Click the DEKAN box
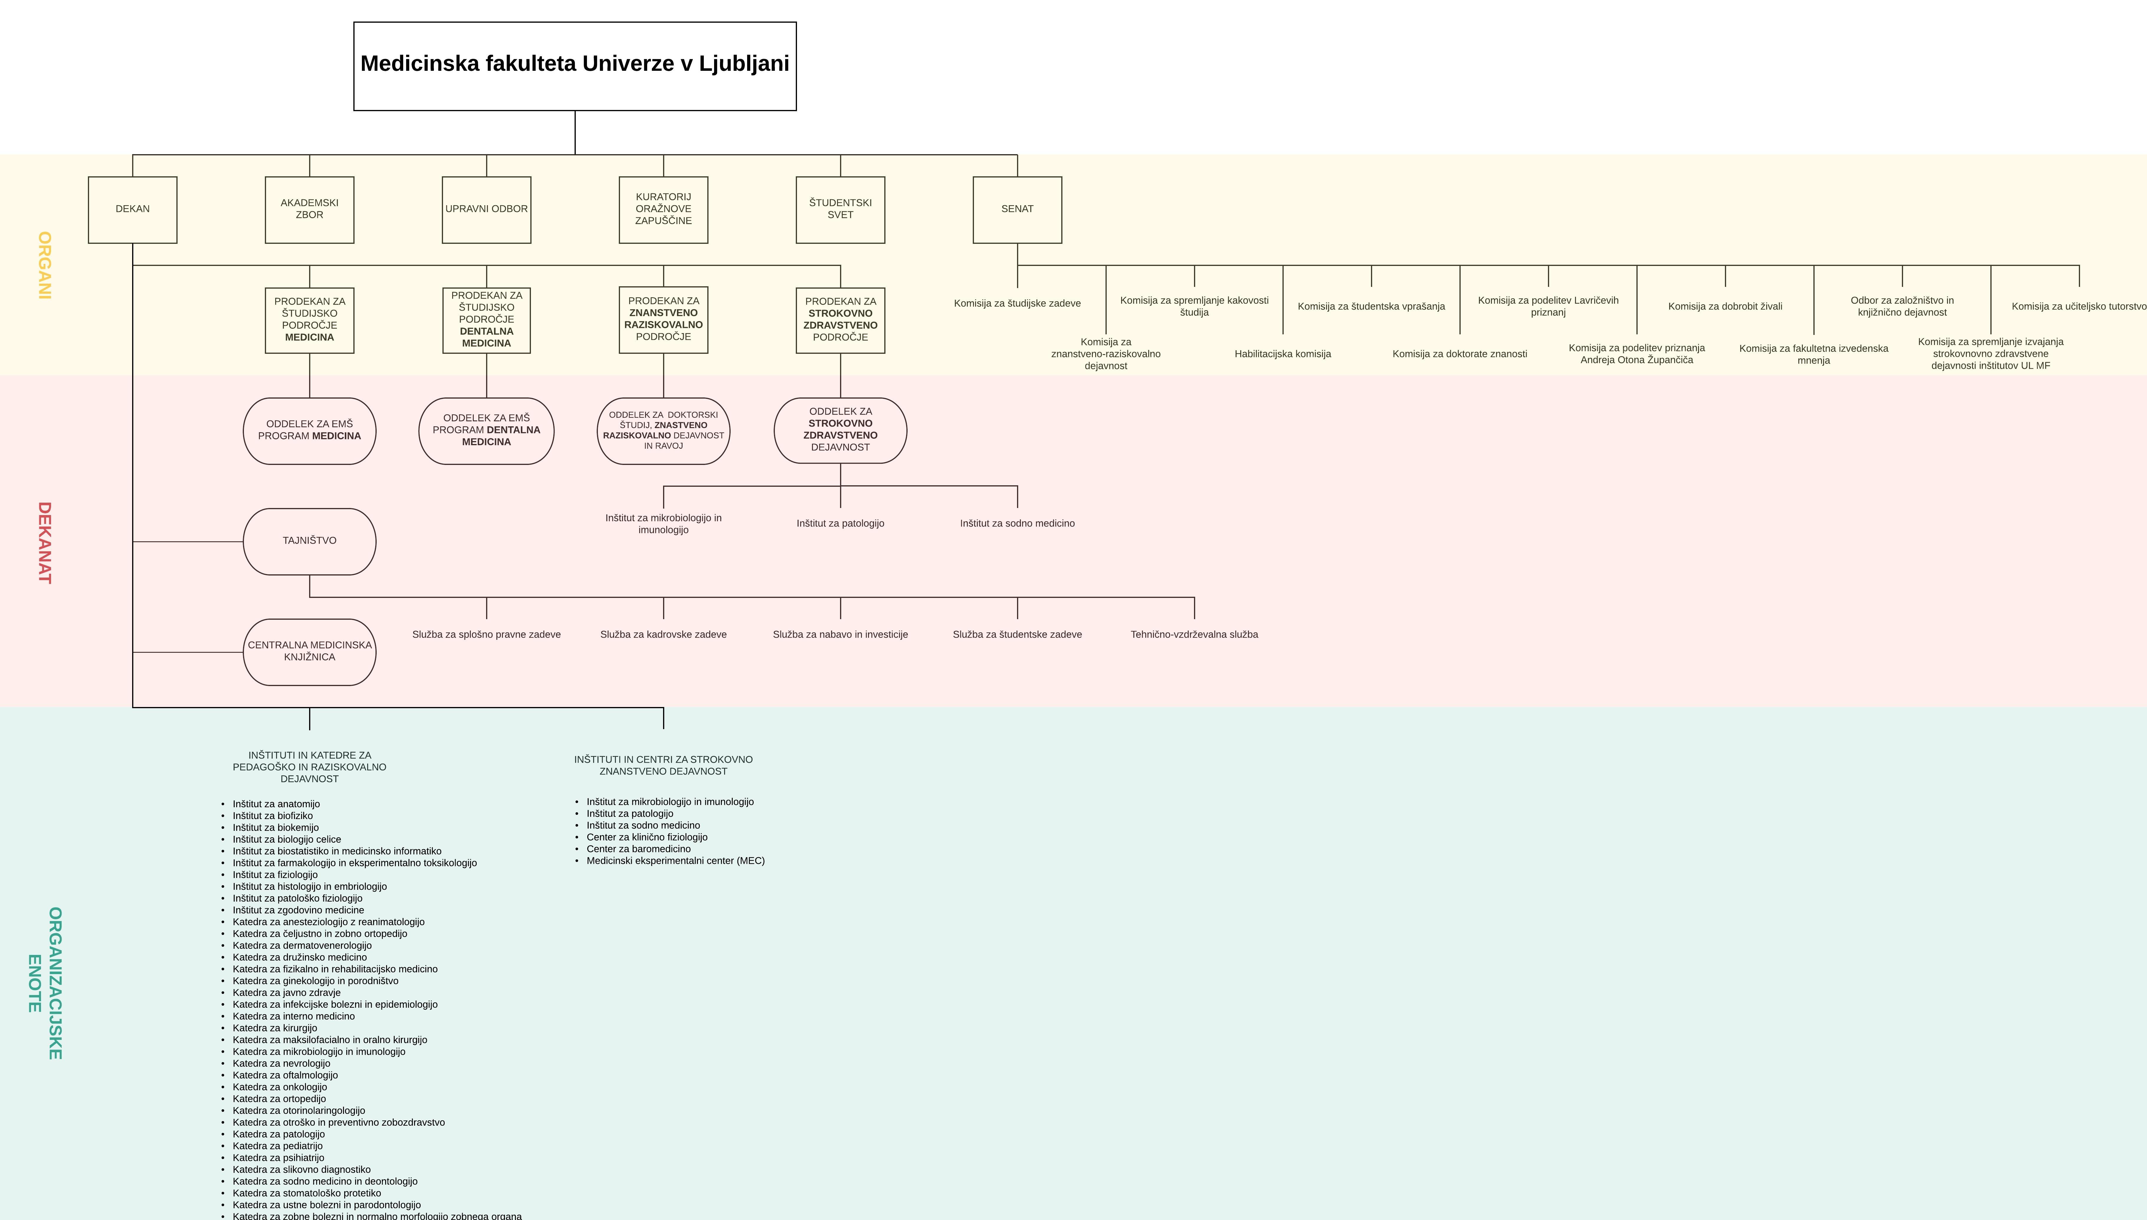click(132, 210)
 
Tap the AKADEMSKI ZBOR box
click(309, 210)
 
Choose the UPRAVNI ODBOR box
click(486, 210)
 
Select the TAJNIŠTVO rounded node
click(309, 541)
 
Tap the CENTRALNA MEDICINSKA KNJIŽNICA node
click(309, 652)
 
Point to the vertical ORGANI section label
click(45, 266)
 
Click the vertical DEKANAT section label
click(45, 543)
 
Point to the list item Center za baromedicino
click(639, 849)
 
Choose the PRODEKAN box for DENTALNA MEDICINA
click(486, 320)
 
